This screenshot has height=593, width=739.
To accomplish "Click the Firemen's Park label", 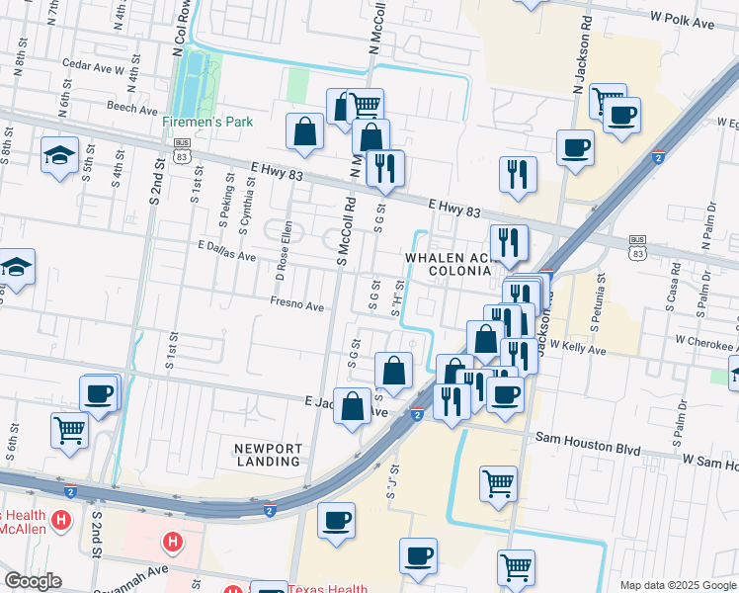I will pyautogui.click(x=208, y=122).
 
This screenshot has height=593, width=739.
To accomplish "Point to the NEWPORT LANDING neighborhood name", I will pyautogui.click(x=268, y=455).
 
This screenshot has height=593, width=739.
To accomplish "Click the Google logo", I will pyautogui.click(x=33, y=581).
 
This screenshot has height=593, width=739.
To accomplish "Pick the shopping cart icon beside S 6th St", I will pyautogui.click(x=69, y=430).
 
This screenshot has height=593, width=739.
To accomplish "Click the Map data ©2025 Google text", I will pyautogui.click(x=677, y=585).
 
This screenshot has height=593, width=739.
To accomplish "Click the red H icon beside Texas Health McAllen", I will pyautogui.click(x=61, y=519).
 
